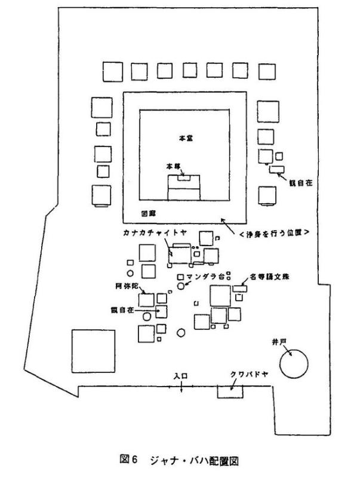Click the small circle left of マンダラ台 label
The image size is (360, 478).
(x=182, y=286)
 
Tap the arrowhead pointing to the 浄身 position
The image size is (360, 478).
(x=223, y=220)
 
